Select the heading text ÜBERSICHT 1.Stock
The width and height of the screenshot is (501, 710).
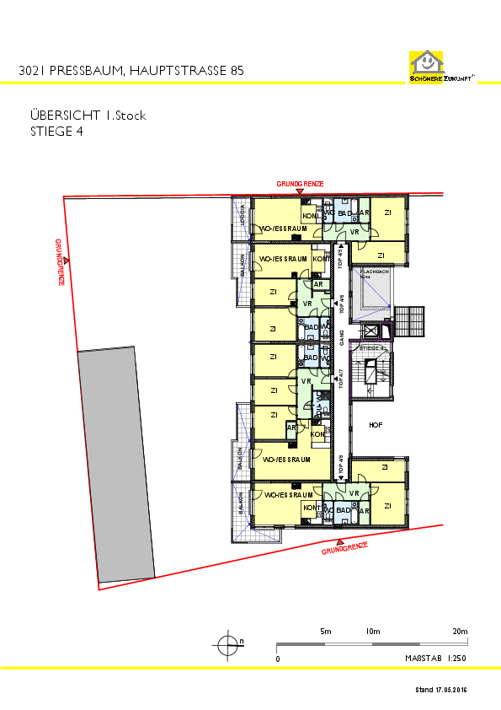[x=88, y=116]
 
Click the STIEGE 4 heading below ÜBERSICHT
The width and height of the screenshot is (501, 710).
[x=56, y=131]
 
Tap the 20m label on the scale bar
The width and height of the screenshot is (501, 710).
[x=460, y=632]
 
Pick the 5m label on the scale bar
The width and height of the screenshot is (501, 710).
[x=325, y=632]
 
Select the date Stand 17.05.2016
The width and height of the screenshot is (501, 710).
[x=440, y=690]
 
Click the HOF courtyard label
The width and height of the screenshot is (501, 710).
[x=376, y=425]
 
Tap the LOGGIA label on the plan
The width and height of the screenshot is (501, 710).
[x=243, y=214]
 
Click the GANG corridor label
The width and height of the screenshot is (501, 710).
[x=342, y=337]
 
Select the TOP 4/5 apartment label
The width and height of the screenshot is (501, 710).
[x=340, y=258]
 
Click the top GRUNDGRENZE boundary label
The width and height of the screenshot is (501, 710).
[x=300, y=184]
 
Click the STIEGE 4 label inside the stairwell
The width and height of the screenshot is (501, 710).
[x=371, y=347]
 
